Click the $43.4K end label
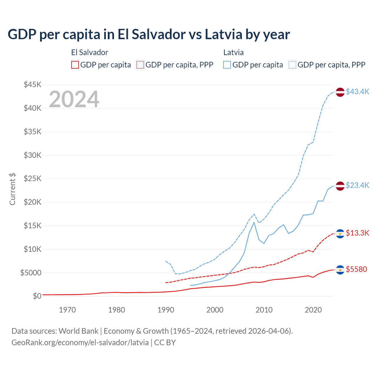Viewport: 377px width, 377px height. point(357,92)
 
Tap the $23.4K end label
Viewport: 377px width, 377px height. point(357,185)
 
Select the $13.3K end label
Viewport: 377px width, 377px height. point(357,233)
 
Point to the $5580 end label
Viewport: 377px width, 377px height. point(356,269)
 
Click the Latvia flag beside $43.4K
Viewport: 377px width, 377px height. point(340,92)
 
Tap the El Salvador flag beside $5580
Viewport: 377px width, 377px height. point(340,270)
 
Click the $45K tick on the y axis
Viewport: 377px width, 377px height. point(33,85)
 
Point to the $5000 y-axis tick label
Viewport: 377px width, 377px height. point(31,273)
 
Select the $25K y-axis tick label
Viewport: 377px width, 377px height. point(33,179)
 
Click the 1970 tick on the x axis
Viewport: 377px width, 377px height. point(67,310)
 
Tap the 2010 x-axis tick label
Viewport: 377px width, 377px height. point(264,310)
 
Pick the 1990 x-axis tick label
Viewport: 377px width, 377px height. point(166,310)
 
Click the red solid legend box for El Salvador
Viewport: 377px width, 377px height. point(75,65)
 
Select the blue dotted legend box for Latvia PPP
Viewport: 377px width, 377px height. point(292,65)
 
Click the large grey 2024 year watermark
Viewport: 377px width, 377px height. point(74,99)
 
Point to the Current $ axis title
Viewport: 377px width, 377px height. point(12,189)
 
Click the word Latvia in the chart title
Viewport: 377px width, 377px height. point(223,34)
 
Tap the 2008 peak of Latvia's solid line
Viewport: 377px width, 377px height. point(254,222)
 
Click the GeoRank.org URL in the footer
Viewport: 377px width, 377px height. point(80,343)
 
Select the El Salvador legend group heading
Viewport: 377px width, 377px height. point(90,52)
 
